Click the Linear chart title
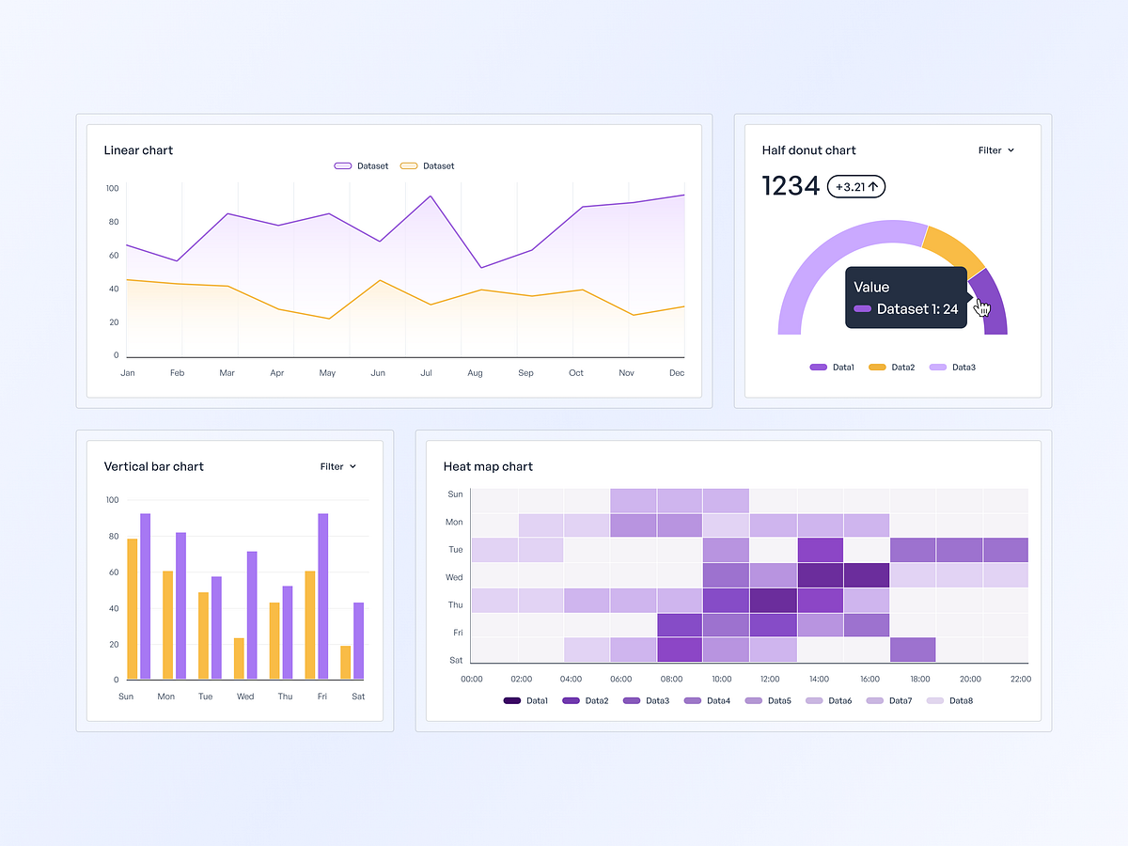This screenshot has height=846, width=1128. click(x=138, y=150)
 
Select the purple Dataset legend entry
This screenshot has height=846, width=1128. click(x=362, y=166)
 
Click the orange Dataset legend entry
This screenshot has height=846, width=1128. click(x=428, y=166)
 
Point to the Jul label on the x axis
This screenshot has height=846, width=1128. click(x=426, y=373)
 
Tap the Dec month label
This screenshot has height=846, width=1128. click(x=676, y=373)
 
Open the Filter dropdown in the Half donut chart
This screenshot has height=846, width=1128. click(x=996, y=150)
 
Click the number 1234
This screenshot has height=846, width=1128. click(x=791, y=186)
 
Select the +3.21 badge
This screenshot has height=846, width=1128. click(x=856, y=187)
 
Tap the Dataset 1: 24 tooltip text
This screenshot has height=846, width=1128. click(x=916, y=309)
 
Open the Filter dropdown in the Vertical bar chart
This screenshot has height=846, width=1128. click(x=338, y=466)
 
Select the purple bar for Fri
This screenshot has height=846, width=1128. click(x=323, y=596)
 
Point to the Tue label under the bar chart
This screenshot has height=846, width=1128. click(x=205, y=697)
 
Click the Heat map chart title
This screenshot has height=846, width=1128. click(x=488, y=466)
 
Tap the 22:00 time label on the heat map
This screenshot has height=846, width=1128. click(x=1019, y=679)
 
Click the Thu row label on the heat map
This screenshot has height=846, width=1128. click(x=455, y=605)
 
